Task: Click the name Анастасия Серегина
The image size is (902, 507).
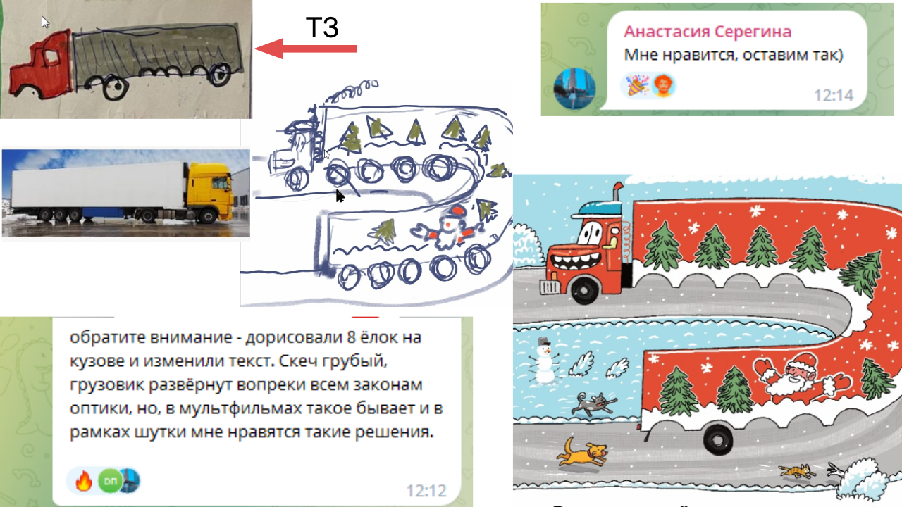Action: pyautogui.click(x=708, y=32)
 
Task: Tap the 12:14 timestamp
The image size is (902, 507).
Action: pyautogui.click(x=834, y=95)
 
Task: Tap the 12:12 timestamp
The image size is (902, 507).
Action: pyautogui.click(x=426, y=491)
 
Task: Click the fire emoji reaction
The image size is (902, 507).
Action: pyautogui.click(x=84, y=480)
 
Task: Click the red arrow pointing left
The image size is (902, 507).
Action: pyautogui.click(x=306, y=49)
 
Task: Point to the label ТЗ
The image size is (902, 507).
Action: pyautogui.click(x=322, y=27)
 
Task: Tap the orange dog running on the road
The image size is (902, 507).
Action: pyautogui.click(x=581, y=453)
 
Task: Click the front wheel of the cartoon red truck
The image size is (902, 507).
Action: pyautogui.click(x=585, y=289)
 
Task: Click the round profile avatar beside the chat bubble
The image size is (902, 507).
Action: pyautogui.click(x=574, y=89)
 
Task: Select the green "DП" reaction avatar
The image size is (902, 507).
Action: pyautogui.click(x=110, y=480)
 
